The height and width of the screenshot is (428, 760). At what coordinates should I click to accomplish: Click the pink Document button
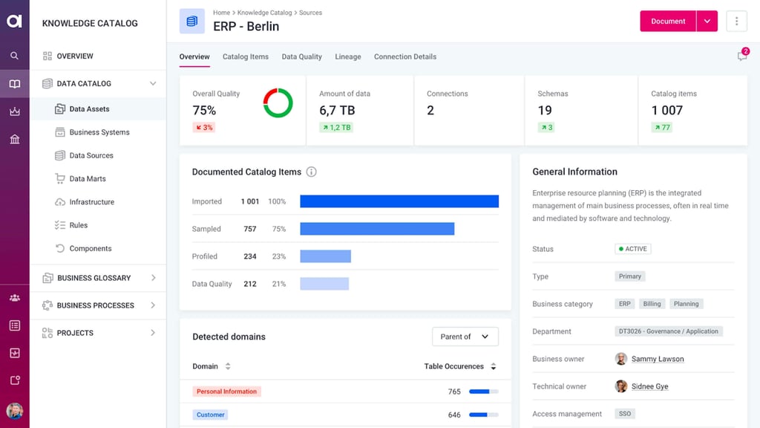(x=667, y=22)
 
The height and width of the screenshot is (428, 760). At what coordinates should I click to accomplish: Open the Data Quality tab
(x=301, y=56)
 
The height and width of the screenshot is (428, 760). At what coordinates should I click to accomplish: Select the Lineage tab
(x=347, y=56)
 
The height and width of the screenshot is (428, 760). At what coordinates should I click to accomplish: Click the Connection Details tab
(x=404, y=56)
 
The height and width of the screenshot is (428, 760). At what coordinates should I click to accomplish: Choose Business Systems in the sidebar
(x=99, y=132)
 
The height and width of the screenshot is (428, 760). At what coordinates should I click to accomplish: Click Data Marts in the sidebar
(x=87, y=178)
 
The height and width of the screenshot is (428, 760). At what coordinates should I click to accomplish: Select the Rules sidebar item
(x=78, y=225)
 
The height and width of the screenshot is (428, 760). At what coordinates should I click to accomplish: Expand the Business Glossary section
(x=94, y=278)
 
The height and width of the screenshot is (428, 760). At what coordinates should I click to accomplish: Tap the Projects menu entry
(x=75, y=333)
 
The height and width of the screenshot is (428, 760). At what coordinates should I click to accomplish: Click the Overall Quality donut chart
(x=278, y=103)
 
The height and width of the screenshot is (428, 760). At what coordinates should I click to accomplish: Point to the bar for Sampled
(x=377, y=229)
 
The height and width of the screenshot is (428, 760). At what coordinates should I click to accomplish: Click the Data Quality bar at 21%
(x=324, y=284)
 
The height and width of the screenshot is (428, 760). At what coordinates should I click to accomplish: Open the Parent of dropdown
(x=465, y=337)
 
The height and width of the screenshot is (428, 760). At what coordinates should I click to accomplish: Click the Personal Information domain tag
(x=226, y=392)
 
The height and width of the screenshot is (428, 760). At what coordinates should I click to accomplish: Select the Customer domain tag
(x=211, y=415)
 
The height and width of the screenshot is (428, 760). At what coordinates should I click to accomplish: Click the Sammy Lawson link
(x=657, y=359)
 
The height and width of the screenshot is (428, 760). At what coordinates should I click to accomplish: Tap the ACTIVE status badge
(x=632, y=249)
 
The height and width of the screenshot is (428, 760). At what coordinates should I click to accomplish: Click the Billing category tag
(x=652, y=304)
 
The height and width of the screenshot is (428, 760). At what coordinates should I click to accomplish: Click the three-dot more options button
(x=736, y=22)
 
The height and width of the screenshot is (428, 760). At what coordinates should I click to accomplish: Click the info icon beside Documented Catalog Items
(x=311, y=172)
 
